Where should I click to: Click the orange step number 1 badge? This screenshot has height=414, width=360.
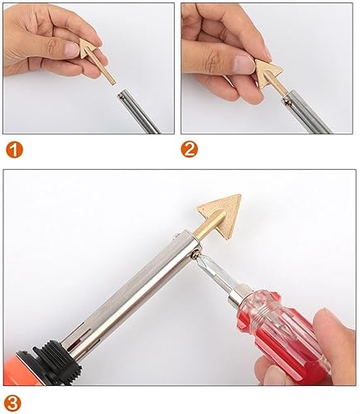pos(15,150)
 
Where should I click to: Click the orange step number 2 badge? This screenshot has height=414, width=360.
pos(190,149)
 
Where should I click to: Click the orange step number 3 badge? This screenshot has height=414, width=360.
pos(12,404)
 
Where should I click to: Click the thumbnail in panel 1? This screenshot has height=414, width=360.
pos(72,50)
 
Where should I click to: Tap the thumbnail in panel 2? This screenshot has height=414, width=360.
pos(243,62)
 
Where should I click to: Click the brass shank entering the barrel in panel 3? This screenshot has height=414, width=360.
pos(209,229)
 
